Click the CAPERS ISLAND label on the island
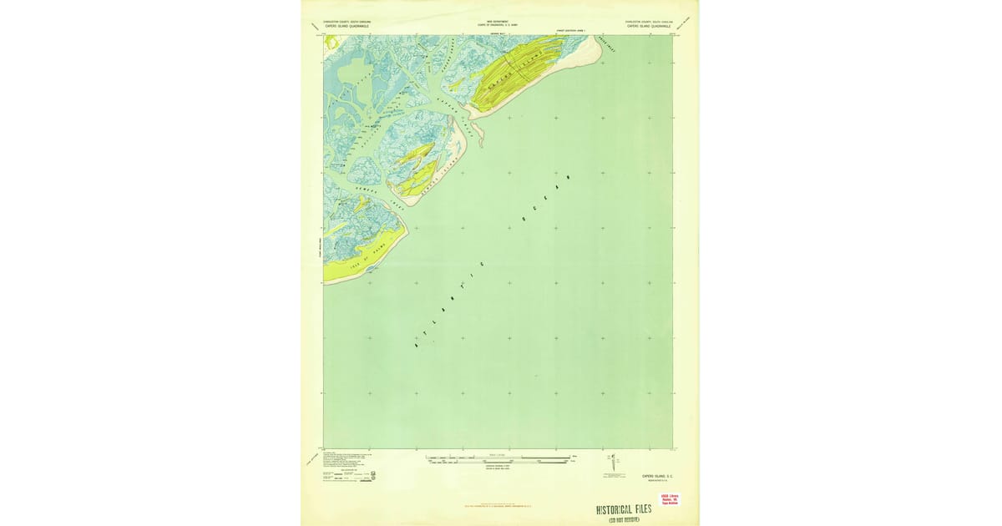click(510, 73)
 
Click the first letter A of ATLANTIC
click(415, 345)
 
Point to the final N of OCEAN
click(568, 177)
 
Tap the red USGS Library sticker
click(671, 499)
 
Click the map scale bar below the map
click(499, 458)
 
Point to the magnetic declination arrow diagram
click(614, 461)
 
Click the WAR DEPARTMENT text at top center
click(498, 22)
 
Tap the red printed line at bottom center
click(498, 504)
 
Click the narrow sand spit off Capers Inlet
click(476, 134)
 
